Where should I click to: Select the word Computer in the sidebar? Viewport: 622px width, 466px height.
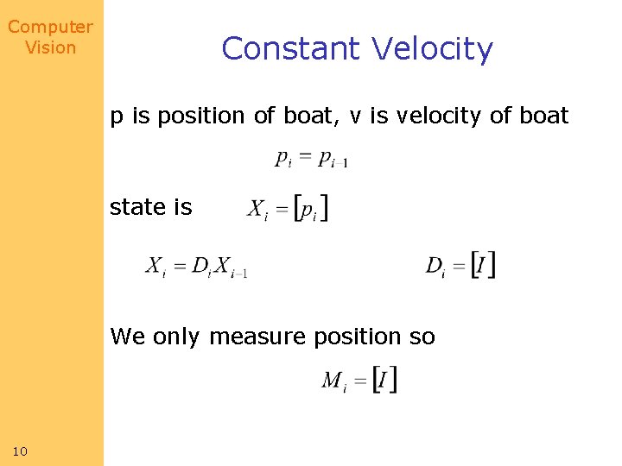pyautogui.click(x=50, y=27)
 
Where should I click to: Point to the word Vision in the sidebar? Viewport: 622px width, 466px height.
pyautogui.click(x=50, y=47)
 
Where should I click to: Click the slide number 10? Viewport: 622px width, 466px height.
pyautogui.click(x=20, y=451)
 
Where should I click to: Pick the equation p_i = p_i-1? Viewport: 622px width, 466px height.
pyautogui.click(x=311, y=159)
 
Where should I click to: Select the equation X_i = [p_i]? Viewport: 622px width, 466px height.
pyautogui.click(x=288, y=208)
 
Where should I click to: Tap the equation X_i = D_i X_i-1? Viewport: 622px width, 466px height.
pyautogui.click(x=197, y=267)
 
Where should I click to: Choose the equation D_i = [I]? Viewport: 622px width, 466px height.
pyautogui.click(x=460, y=265)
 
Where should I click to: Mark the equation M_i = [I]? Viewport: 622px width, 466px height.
pyautogui.click(x=359, y=380)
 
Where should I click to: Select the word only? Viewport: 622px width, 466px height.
pyautogui.click(x=178, y=337)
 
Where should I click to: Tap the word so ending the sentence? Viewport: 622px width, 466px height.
pyautogui.click(x=422, y=337)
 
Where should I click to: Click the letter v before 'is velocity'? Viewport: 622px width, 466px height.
pyautogui.click(x=355, y=116)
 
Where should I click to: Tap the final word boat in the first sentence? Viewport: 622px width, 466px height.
pyautogui.click(x=543, y=116)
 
